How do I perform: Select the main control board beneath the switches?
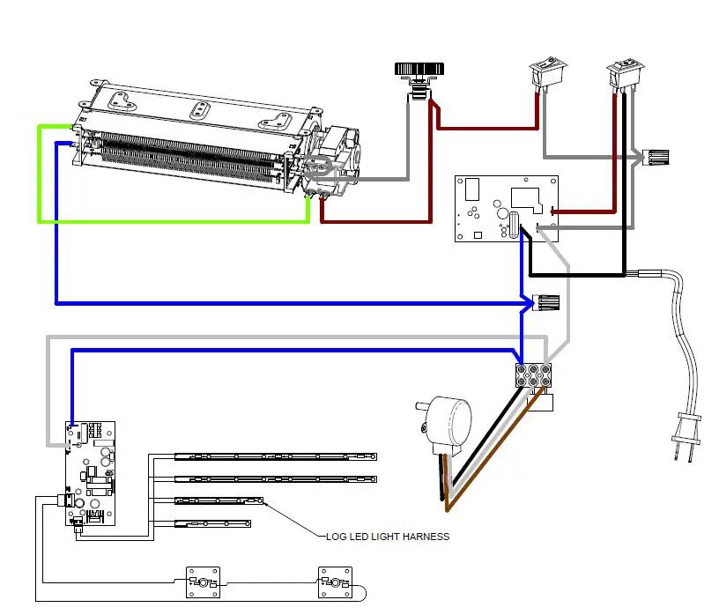[507, 209]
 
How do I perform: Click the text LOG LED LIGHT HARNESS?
[387, 537]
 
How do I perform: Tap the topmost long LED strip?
[275, 456]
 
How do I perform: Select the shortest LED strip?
[211, 524]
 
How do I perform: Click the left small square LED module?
[201, 582]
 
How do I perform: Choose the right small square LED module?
[333, 582]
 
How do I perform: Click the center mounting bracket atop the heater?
[201, 109]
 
